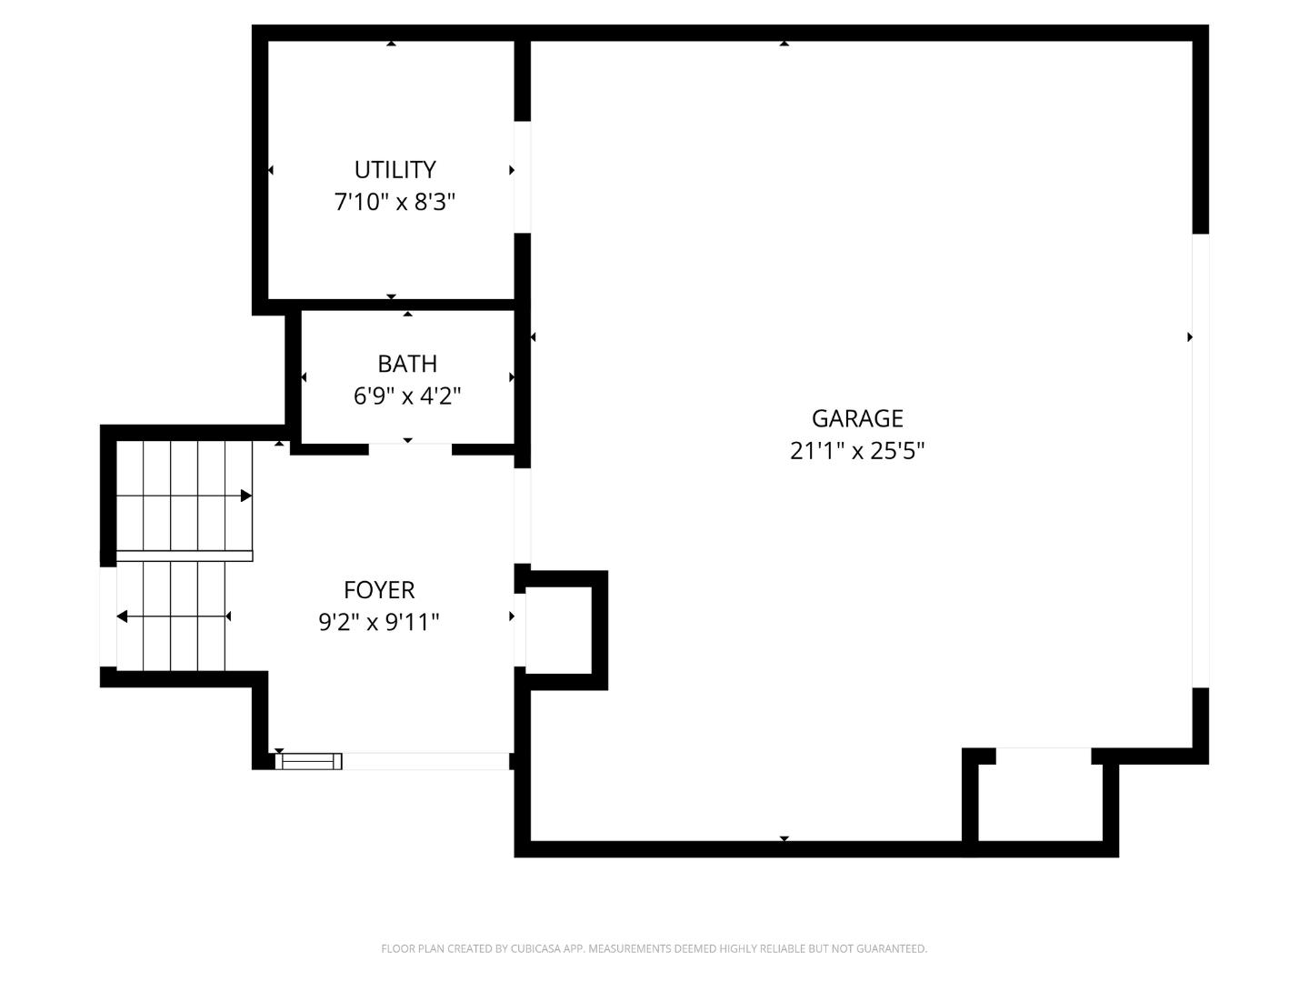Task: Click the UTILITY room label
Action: coord(395,170)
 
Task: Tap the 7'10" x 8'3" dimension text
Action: coord(395,202)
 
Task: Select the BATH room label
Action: coord(407,364)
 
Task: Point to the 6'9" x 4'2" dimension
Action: coord(407,396)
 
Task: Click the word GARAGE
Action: coord(857,418)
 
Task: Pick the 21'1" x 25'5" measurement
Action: coord(857,451)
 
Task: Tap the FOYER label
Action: coord(379,590)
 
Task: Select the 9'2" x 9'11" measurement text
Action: coord(379,623)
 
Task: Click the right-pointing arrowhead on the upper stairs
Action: coord(245,496)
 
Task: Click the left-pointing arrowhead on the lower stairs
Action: coord(122,617)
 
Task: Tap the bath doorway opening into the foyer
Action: coord(410,448)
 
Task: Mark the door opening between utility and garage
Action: coord(522,176)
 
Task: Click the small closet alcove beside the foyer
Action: coord(558,629)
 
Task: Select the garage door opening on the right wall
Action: coord(1200,460)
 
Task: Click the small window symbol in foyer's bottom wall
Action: coord(309,761)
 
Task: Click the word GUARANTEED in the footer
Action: coord(893,948)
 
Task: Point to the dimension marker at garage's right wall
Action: coord(1189,337)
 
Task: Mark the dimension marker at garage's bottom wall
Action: coord(784,838)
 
